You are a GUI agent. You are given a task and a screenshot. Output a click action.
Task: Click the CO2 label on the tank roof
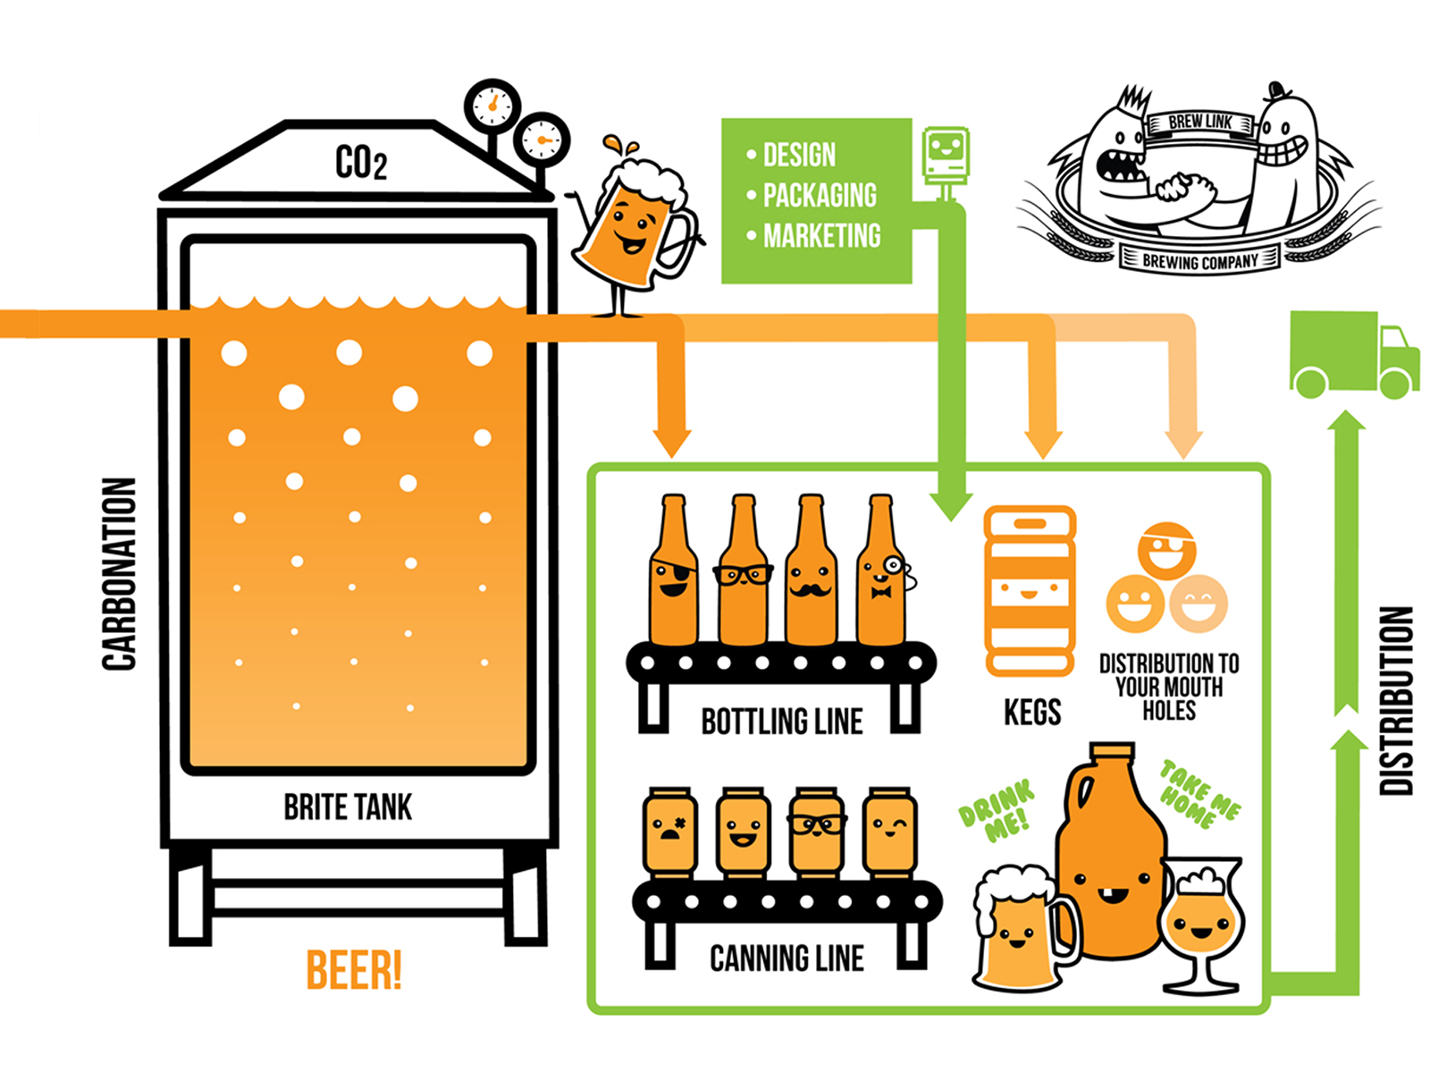tap(360, 163)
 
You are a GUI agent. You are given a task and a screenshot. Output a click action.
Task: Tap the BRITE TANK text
tap(348, 807)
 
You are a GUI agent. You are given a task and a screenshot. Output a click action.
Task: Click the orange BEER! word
tap(354, 970)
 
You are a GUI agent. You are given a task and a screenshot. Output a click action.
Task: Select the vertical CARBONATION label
tap(119, 573)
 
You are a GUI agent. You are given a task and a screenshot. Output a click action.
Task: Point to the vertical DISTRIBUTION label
tap(1397, 701)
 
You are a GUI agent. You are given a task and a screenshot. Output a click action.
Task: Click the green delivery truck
tap(1353, 355)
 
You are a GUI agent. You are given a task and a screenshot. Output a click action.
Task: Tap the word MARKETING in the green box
tap(821, 236)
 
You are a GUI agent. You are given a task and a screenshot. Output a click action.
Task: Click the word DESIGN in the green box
tap(799, 156)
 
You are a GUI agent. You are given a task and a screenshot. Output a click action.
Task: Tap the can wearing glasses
tap(816, 831)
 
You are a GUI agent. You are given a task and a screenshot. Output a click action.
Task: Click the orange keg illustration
tap(1030, 591)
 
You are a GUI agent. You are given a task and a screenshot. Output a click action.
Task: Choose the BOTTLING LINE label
tap(782, 722)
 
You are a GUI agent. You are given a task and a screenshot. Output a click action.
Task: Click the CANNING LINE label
tap(786, 959)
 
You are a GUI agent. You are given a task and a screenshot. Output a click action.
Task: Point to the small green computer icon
tap(945, 157)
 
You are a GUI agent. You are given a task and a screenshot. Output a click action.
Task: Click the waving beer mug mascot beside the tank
tap(633, 228)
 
